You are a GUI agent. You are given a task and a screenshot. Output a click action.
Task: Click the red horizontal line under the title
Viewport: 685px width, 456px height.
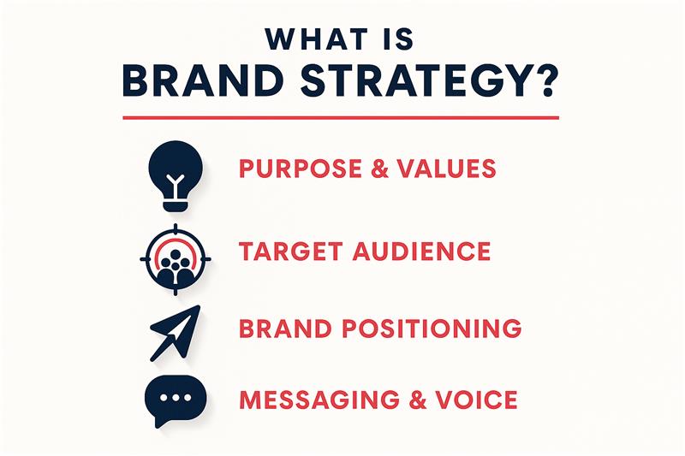tap(341, 117)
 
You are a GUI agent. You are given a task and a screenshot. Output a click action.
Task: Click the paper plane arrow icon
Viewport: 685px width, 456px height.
tap(174, 331)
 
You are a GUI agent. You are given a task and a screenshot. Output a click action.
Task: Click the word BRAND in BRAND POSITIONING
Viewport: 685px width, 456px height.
tap(280, 328)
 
